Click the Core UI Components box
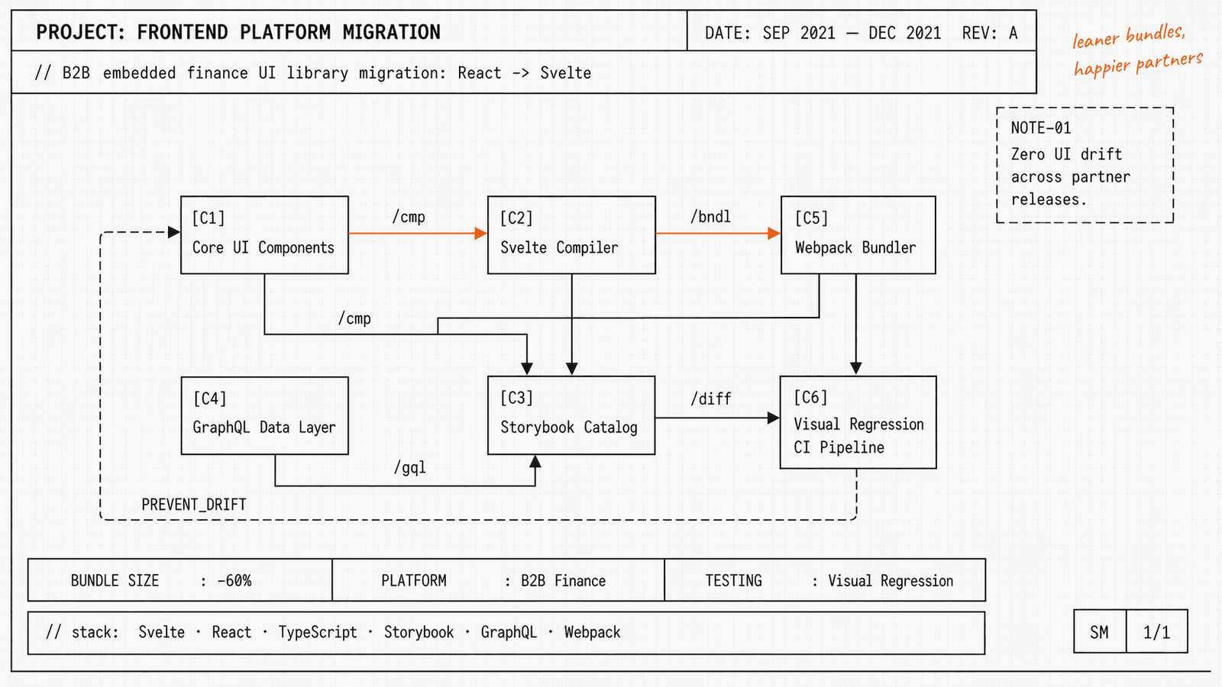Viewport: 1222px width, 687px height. pyautogui.click(x=264, y=235)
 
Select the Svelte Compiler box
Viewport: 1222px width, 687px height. pyautogui.click(x=571, y=235)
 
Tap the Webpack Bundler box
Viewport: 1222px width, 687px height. pyautogui.click(x=858, y=235)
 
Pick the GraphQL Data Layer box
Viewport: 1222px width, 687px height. pyautogui.click(x=264, y=415)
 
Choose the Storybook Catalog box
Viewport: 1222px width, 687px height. pyautogui.click(x=571, y=415)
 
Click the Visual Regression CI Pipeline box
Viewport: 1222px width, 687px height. pyautogui.click(x=858, y=422)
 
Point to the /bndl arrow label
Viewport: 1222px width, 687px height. pyautogui.click(x=710, y=217)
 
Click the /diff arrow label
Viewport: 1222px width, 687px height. pyautogui.click(x=710, y=398)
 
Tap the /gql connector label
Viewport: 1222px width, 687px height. pyautogui.click(x=410, y=467)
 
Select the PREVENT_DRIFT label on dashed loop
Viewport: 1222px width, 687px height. pyautogui.click(x=194, y=505)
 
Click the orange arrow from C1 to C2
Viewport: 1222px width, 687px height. pyautogui.click(x=417, y=233)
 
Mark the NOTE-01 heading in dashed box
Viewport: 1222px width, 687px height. pyautogui.click(x=1041, y=128)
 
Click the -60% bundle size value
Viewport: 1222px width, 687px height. pyautogui.click(x=234, y=581)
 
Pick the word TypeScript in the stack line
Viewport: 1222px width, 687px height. pyautogui.click(x=317, y=632)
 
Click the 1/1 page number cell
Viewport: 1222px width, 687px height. pyautogui.click(x=1156, y=632)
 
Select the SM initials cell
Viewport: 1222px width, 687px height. pyautogui.click(x=1099, y=632)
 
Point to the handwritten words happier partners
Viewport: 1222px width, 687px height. pyautogui.click(x=1137, y=63)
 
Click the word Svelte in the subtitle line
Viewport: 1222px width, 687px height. pyautogui.click(x=565, y=73)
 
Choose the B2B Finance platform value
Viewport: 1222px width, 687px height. pyautogui.click(x=563, y=581)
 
